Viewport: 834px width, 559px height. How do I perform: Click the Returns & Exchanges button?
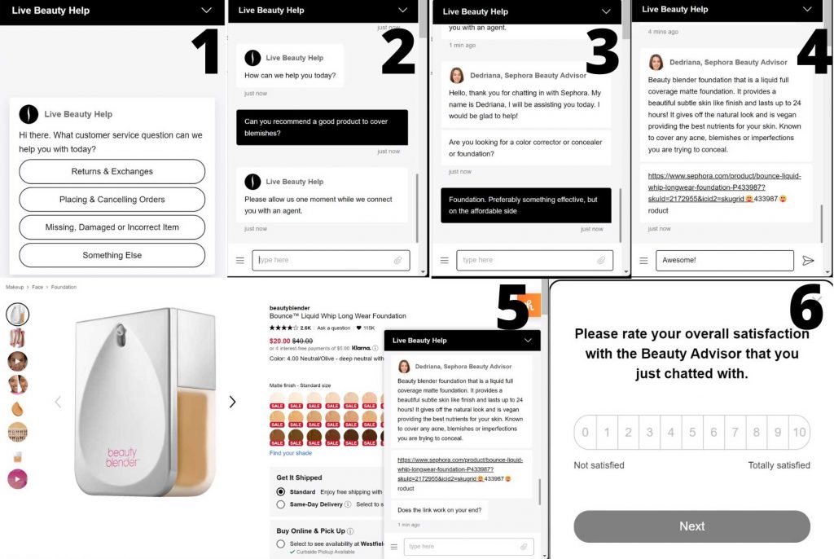coord(112,172)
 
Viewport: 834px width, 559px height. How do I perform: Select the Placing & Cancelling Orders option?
coord(112,200)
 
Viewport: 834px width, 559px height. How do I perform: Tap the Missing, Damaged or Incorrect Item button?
coord(112,227)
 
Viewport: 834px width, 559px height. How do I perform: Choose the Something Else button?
coord(112,255)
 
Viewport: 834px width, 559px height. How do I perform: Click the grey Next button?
coord(691,526)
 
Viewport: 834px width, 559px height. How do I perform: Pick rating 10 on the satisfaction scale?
coord(799,433)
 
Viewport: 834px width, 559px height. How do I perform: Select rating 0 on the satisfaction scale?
coord(585,433)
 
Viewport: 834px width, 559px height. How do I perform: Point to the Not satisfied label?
coord(599,465)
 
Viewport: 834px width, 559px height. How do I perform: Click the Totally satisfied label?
coord(779,465)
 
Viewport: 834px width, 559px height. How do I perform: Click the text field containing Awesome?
coord(724,261)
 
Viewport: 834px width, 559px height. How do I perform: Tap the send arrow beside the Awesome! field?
coord(808,261)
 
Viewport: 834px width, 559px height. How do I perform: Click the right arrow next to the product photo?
coord(232,402)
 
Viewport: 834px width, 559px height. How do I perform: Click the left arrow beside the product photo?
coord(57,402)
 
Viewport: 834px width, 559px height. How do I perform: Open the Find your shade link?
coord(290,453)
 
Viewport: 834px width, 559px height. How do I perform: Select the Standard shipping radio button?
coord(281,492)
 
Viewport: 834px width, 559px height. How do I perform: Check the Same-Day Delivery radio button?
coord(281,504)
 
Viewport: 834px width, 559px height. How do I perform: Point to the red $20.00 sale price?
coord(279,341)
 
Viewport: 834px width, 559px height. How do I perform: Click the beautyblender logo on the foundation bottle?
coord(121,457)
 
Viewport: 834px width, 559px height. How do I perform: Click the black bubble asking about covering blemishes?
coord(322,127)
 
